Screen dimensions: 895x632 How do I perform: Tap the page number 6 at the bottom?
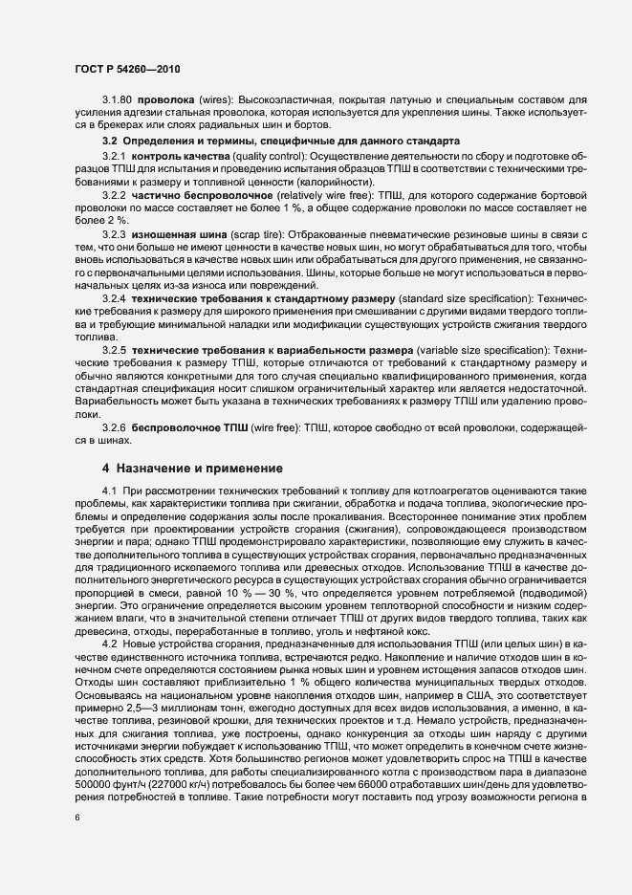[x=79, y=818]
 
